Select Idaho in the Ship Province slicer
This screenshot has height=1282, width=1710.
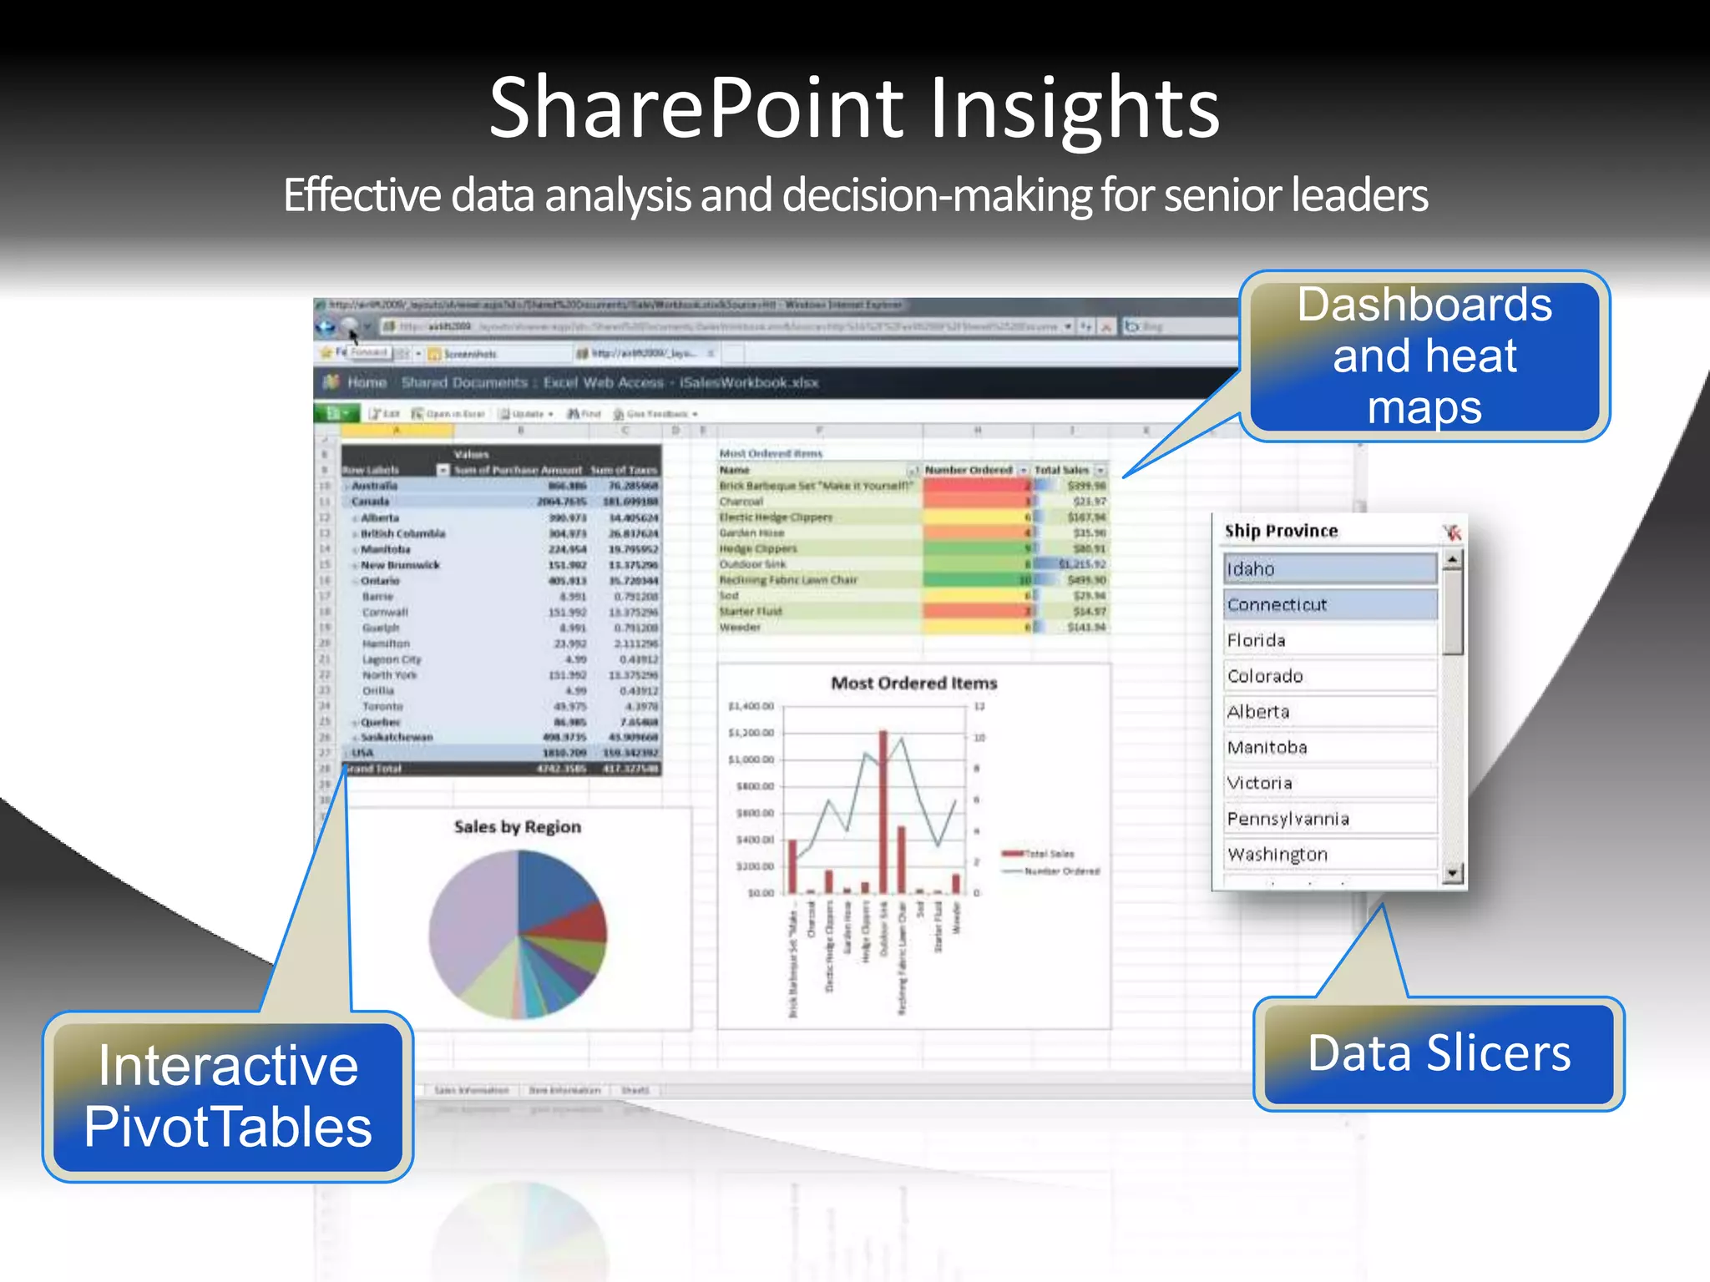1329,568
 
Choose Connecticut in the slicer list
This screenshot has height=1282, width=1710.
1329,604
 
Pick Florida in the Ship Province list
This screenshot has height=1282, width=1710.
1329,640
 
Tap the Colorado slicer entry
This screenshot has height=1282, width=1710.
1329,676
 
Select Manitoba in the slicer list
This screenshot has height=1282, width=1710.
1329,747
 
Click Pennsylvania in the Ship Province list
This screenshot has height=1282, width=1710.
1329,819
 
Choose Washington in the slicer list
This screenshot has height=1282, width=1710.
1329,855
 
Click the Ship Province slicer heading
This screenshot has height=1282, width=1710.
1281,531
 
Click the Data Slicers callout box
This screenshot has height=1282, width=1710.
1438,1053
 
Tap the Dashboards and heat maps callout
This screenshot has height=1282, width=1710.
1424,356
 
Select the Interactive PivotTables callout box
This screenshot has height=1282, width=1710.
227,1096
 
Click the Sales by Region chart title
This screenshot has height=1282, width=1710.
517,826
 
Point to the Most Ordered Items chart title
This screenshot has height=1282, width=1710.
913,683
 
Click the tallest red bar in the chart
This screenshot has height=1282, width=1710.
883,810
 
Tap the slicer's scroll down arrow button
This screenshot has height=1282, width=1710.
1452,873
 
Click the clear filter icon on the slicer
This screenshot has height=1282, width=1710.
1451,532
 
